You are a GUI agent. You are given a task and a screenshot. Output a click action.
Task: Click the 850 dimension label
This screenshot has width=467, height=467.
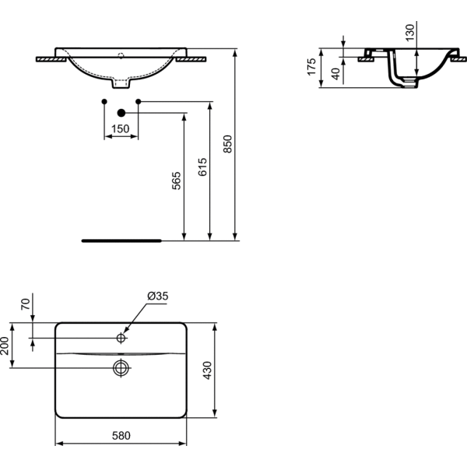(227, 144)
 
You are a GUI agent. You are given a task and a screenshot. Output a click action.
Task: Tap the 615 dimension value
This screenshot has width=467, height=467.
(202, 167)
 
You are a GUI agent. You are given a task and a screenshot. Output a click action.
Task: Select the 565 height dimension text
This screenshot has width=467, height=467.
(177, 181)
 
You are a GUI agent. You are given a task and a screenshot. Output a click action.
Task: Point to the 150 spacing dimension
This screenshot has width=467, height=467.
(121, 129)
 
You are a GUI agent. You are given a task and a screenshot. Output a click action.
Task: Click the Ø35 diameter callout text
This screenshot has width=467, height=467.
(158, 296)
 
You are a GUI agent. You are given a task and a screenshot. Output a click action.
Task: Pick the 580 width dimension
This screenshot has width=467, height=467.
(121, 436)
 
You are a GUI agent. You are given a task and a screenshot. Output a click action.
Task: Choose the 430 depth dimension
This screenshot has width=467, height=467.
(207, 370)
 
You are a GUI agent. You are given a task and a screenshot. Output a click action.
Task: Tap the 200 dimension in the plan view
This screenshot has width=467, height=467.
(5, 346)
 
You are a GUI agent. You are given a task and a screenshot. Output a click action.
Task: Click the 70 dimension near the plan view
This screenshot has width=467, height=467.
(26, 304)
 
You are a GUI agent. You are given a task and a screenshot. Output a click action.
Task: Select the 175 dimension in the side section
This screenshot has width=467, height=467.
(311, 67)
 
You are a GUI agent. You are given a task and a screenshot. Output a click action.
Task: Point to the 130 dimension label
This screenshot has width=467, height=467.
(410, 33)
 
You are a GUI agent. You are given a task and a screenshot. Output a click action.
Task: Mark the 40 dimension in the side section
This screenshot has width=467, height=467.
(335, 74)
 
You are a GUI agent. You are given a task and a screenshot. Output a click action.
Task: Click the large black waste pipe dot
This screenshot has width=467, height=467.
(121, 113)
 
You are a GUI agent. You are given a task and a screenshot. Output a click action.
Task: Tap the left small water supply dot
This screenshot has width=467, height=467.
(104, 101)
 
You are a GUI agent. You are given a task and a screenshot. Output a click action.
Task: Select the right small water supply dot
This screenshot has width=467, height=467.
(139, 101)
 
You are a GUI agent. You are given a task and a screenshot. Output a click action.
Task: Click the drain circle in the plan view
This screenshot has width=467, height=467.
(121, 368)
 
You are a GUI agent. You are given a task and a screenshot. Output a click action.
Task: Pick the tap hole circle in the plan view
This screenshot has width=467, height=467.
(121, 338)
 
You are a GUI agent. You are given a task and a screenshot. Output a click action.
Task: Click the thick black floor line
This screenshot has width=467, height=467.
(122, 241)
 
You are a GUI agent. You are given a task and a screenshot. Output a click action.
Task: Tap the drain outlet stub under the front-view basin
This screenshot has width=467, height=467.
(121, 83)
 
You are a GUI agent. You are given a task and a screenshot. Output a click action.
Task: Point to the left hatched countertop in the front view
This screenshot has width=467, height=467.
(51, 60)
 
